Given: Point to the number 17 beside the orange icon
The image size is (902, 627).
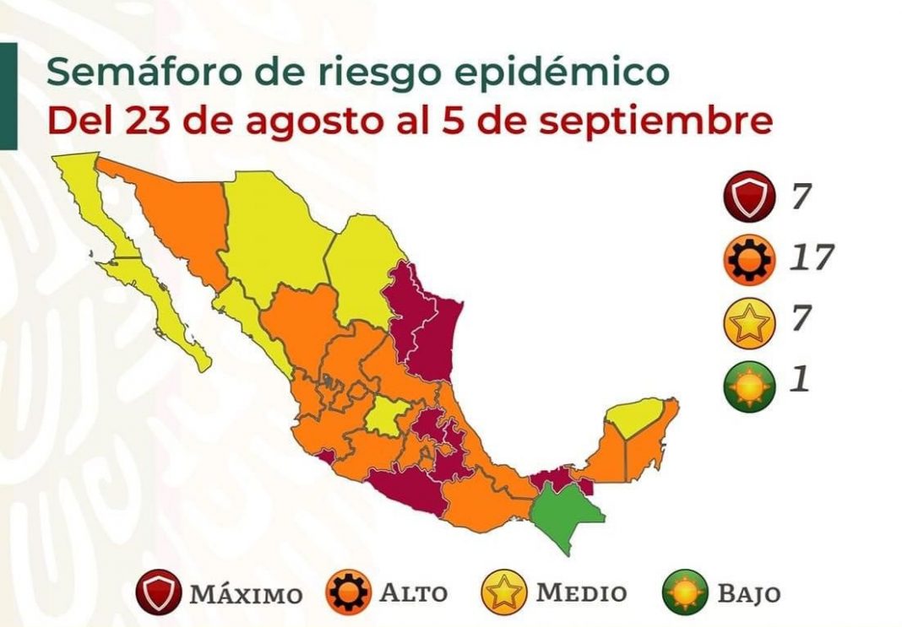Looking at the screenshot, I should point(812,257).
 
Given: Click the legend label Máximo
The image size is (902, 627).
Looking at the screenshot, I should point(246,593).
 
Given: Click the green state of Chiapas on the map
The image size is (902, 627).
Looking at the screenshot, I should point(569,518).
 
